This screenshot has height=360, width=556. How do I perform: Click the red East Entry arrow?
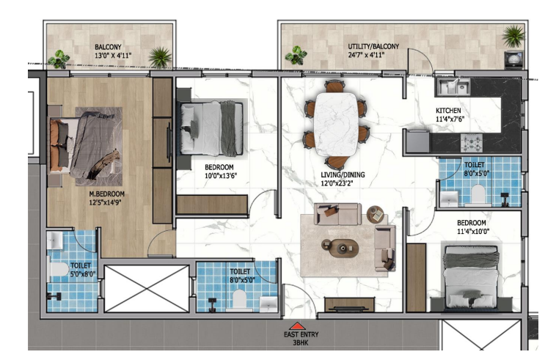point(297,326)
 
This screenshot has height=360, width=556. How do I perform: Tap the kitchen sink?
point(453,87)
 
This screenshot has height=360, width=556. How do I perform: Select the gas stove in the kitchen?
point(471,143)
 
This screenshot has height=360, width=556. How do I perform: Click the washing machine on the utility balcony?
point(513,59)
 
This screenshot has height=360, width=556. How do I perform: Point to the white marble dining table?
point(336,124)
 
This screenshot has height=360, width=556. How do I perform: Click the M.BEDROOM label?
point(107,194)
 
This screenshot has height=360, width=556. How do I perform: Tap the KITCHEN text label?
point(448,111)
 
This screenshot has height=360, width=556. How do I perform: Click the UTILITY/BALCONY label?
point(373,46)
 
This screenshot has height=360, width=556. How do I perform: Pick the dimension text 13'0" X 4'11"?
point(113,55)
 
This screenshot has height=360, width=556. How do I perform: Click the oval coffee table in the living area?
point(340,248)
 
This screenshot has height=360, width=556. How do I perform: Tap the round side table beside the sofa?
point(375,214)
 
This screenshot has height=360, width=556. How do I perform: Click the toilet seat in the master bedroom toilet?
point(57,269)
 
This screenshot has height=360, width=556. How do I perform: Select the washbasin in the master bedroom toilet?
point(54,240)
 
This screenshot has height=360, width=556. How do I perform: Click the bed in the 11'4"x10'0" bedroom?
point(472,277)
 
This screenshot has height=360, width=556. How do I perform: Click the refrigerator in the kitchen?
point(417,142)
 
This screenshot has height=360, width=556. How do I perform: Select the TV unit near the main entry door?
point(349,305)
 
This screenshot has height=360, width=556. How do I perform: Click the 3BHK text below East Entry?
point(300,342)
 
